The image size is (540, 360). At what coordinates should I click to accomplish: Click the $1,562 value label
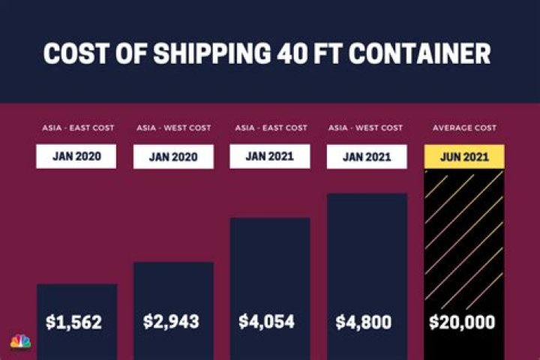pyautogui.click(x=73, y=322)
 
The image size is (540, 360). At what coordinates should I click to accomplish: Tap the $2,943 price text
pyautogui.click(x=171, y=322)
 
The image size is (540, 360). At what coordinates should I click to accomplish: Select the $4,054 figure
pyautogui.click(x=266, y=322)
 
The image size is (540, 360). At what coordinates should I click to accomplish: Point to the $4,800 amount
pyautogui.click(x=363, y=322)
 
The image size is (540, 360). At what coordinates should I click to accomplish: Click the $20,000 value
pyautogui.click(x=462, y=322)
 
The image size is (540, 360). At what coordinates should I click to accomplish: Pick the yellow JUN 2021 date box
pyautogui.click(x=464, y=157)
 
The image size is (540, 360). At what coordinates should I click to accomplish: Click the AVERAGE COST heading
pyautogui.click(x=464, y=128)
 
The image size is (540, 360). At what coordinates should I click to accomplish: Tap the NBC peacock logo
pyautogui.click(x=20, y=341)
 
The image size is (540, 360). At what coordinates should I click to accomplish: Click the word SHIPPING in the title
pyautogui.click(x=212, y=53)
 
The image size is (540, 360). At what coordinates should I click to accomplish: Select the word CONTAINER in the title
pyautogui.click(x=420, y=53)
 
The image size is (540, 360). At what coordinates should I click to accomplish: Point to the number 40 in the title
pyautogui.click(x=292, y=53)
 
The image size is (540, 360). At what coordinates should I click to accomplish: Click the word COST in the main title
pyautogui.click(x=76, y=53)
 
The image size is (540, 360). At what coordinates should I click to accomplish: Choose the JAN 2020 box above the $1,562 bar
pyautogui.click(x=76, y=157)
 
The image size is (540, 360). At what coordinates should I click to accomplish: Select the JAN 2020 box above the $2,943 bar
pyautogui.click(x=173, y=157)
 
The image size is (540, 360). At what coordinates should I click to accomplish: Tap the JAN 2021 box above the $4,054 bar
pyautogui.click(x=270, y=157)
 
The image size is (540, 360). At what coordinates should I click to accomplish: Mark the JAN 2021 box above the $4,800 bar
pyautogui.click(x=367, y=157)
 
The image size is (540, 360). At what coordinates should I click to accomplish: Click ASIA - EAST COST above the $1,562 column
pyautogui.click(x=78, y=128)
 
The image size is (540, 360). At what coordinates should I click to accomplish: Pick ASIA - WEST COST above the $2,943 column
pyautogui.click(x=174, y=128)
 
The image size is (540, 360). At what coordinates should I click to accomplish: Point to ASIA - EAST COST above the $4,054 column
pyautogui.click(x=271, y=128)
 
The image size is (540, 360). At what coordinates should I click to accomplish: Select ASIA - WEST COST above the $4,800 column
pyautogui.click(x=365, y=128)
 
